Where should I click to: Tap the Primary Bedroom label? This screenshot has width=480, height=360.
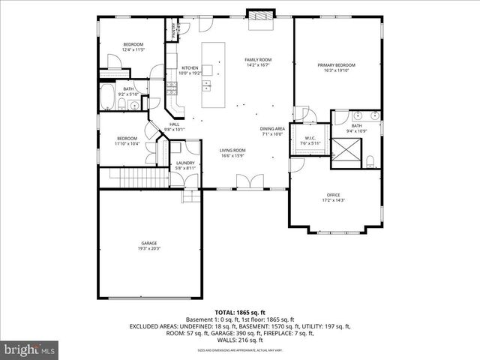coord(336,65)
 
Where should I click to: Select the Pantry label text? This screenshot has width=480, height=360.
coord(174,30)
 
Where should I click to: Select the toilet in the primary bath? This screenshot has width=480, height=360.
coord(370,159)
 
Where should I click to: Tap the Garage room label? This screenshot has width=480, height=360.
coord(149,242)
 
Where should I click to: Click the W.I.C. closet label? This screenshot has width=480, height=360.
coord(310,138)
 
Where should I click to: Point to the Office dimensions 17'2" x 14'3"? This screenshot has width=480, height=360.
coord(333,200)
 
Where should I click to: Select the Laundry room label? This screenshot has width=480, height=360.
coord(185,163)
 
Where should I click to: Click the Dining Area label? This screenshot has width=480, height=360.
coord(272,129)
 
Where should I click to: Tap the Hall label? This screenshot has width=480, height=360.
coord(174,124)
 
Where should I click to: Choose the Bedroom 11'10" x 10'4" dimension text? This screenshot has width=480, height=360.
coord(127,143)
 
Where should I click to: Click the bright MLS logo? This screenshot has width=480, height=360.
coord(30,349)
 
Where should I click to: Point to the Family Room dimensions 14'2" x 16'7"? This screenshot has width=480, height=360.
coord(258,65)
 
